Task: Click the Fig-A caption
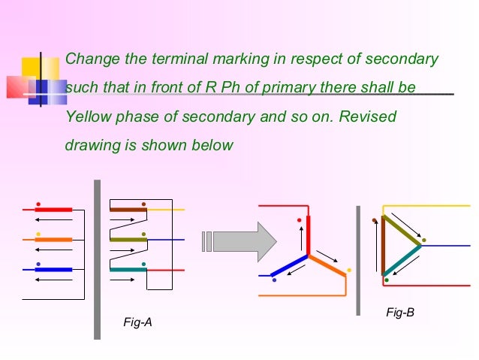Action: (137, 322)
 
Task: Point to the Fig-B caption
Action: (400, 311)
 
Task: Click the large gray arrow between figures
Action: (239, 241)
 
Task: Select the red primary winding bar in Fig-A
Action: (54, 209)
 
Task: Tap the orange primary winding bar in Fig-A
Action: (54, 239)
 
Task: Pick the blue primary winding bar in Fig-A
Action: (54, 269)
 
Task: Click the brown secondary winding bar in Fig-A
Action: (128, 209)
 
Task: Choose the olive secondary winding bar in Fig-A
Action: (128, 239)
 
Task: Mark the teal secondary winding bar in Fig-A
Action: (128, 269)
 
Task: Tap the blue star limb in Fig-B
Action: (289, 265)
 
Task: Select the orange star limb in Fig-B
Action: (327, 266)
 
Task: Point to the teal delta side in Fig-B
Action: (401, 259)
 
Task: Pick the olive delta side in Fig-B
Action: (401, 230)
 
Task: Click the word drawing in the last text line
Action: (91, 146)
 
